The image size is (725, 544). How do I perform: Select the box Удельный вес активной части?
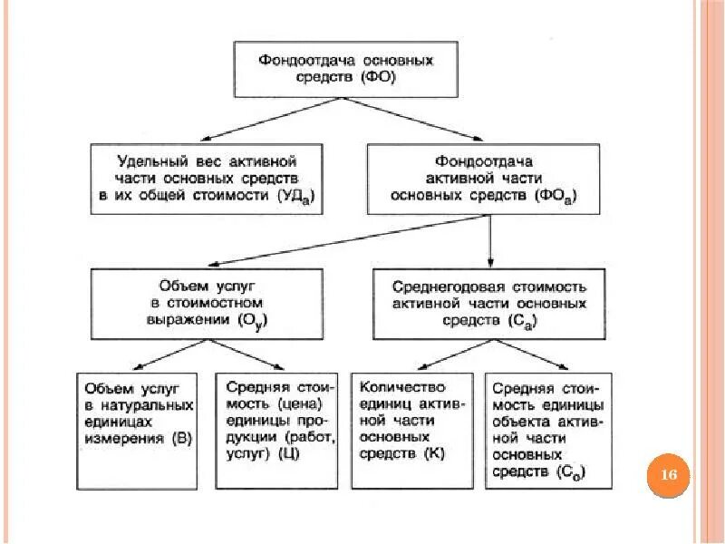coord(208,178)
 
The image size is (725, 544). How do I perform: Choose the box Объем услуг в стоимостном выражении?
coord(208,303)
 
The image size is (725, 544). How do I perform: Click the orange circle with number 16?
coord(670,475)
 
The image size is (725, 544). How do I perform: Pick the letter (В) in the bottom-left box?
coord(179,439)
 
